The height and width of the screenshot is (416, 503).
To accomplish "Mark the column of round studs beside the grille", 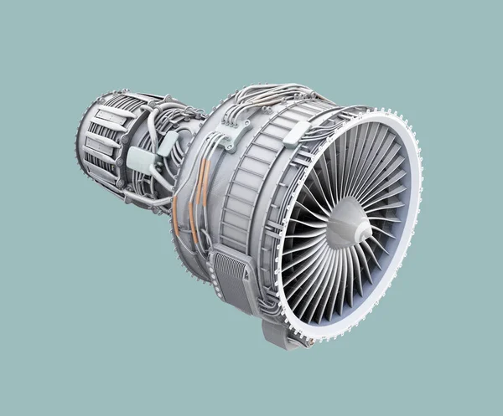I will [251, 285].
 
